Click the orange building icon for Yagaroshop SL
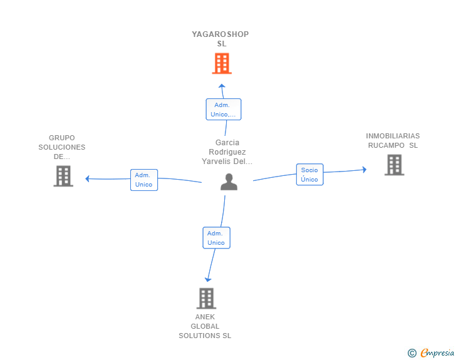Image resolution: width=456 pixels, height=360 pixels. [222, 63]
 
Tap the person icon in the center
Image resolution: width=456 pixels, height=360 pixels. [229, 182]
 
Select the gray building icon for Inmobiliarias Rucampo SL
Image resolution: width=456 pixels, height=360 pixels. [395, 165]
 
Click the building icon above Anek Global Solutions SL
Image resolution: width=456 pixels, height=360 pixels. [206, 299]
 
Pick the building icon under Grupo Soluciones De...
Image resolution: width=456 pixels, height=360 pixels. [63, 176]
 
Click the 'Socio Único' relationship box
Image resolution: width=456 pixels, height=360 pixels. [309, 175]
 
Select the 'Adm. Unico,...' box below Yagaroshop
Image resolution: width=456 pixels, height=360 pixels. [224, 110]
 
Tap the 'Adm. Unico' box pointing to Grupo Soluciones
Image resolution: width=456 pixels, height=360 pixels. [144, 180]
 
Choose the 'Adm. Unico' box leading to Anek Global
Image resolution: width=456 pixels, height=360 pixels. [216, 238]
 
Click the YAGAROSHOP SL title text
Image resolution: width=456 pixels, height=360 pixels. [220, 39]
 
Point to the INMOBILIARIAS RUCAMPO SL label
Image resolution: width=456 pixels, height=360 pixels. [393, 141]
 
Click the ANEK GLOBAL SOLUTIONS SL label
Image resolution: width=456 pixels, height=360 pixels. [205, 326]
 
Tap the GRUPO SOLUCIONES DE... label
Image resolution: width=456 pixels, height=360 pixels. [62, 147]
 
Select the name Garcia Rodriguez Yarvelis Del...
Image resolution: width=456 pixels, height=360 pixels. [227, 152]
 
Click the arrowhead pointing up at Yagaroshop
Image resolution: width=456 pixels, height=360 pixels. [222, 86]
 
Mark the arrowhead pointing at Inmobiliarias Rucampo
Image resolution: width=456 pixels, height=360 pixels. [365, 170]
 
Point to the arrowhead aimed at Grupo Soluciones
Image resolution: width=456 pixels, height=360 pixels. [87, 178]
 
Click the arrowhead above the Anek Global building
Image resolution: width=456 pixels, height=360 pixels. [208, 280]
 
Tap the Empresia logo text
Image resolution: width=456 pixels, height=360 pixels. [437, 353]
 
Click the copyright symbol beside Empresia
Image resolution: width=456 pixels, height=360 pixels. [412, 353]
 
